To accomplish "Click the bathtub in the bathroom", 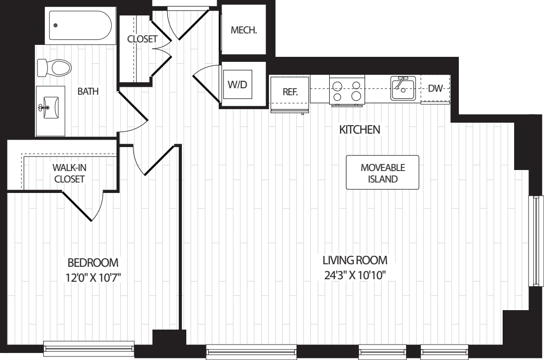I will point(80,25).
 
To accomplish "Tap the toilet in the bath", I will point(55,67).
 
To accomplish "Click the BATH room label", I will point(88,91).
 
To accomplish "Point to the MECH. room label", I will point(244,30).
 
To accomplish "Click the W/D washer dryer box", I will point(237,84).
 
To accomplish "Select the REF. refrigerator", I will point(290,92).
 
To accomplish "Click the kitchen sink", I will point(403,89).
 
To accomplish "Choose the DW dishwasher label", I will point(435,89).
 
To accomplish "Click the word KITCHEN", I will point(359,130).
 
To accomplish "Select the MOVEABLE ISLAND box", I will point(383,173).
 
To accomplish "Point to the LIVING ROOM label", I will point(355,260).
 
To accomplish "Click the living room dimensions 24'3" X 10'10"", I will point(355,275).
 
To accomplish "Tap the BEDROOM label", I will point(93,262).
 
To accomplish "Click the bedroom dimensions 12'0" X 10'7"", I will point(93,277).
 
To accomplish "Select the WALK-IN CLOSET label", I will point(69,173).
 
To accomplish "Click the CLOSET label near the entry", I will point(142,39).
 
